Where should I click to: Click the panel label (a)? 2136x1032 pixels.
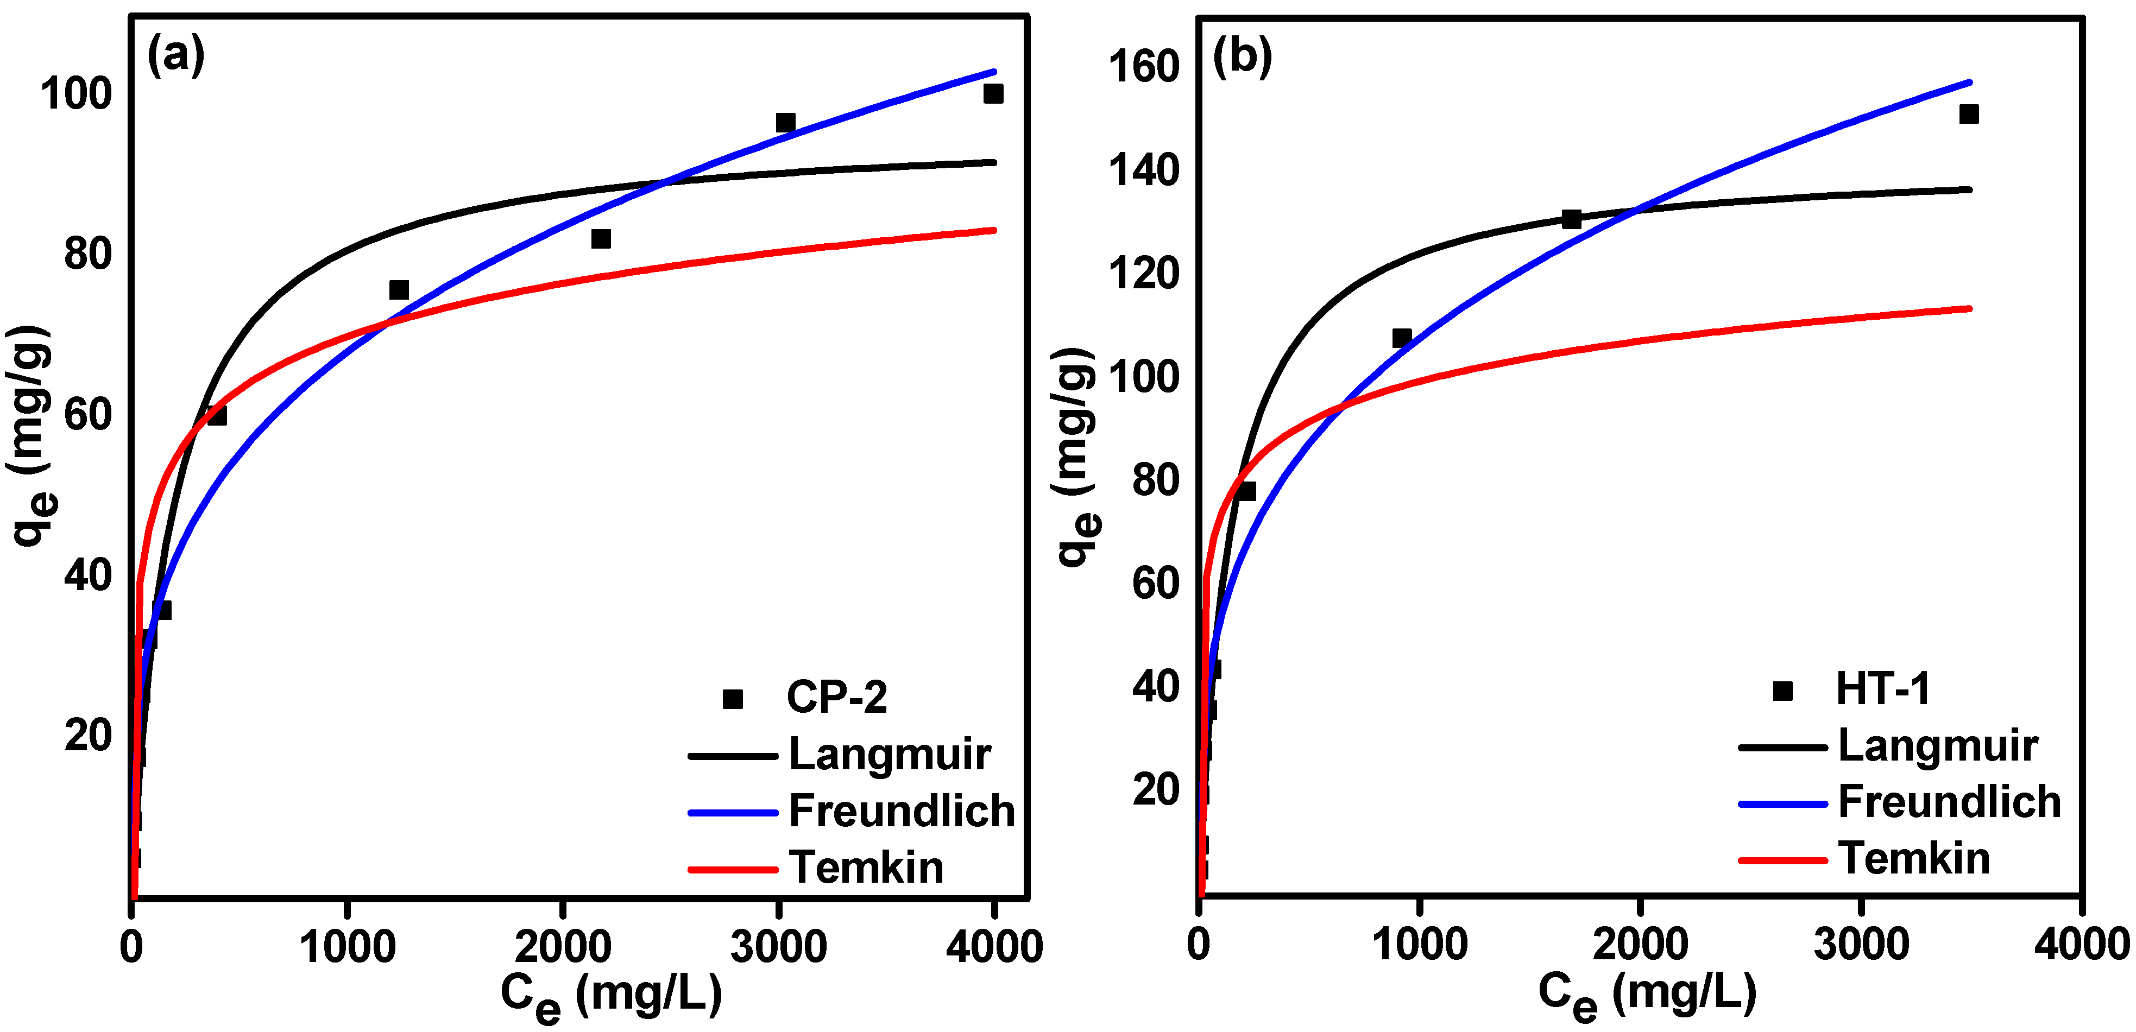tap(176, 56)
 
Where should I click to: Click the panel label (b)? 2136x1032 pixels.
tap(1242, 56)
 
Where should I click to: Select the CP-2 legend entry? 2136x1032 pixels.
tap(836, 697)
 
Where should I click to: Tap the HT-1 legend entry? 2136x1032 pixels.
tap(1882, 689)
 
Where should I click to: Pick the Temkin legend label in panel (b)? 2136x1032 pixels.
tap(1914, 858)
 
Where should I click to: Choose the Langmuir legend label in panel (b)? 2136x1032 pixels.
tap(1938, 745)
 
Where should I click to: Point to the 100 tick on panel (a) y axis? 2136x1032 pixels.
tap(75, 94)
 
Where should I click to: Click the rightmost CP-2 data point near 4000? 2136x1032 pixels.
tap(993, 94)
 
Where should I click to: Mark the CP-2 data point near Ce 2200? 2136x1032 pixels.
tap(600, 239)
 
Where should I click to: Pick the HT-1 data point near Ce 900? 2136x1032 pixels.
tap(1401, 337)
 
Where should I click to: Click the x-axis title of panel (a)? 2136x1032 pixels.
tap(611, 994)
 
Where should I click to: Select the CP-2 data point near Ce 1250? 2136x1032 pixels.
tap(399, 290)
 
